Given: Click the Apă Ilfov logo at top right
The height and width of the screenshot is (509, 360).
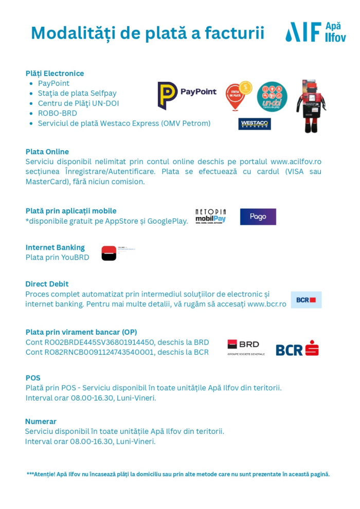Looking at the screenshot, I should [x=315, y=32].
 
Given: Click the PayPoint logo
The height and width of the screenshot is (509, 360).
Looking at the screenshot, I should [x=187, y=95].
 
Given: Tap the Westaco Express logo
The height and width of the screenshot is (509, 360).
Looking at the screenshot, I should [x=255, y=124].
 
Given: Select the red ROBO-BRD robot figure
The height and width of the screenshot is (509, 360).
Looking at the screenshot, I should [x=311, y=105].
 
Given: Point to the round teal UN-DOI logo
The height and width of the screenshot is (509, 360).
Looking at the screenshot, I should [x=272, y=97].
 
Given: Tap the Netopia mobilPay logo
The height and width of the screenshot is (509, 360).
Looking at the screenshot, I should [x=210, y=216].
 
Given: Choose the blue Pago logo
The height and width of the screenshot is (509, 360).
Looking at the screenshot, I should [x=258, y=216].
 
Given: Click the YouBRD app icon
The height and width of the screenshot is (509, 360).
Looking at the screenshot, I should [x=109, y=253].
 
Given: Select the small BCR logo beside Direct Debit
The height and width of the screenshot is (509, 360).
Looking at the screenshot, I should [x=306, y=300].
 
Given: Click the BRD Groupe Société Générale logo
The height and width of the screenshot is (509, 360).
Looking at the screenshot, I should [x=246, y=347].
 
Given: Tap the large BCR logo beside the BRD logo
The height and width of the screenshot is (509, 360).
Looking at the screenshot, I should [x=297, y=348].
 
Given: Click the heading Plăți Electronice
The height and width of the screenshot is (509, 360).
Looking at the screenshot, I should [x=55, y=74].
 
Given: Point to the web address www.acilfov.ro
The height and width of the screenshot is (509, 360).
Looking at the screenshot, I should [x=296, y=161].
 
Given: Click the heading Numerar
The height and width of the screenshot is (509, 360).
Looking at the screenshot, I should [x=41, y=422].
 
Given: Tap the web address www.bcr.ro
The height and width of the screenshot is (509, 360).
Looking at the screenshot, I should [x=266, y=304].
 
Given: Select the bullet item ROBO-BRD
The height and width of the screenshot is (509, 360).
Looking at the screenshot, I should [x=57, y=113].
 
